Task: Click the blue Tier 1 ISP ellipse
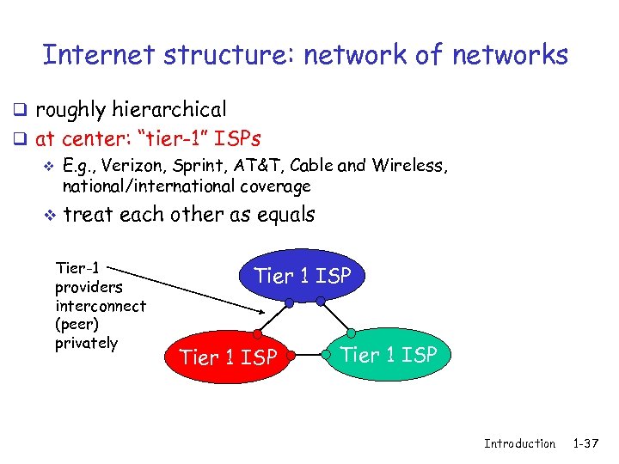click(302, 276)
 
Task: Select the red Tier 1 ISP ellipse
click(228, 356)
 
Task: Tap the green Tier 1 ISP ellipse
click(388, 354)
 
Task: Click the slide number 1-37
click(588, 443)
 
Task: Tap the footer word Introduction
click(519, 443)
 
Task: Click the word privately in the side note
click(86, 343)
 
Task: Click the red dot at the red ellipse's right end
click(292, 354)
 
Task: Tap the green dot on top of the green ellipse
click(351, 332)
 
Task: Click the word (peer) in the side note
click(77, 325)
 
